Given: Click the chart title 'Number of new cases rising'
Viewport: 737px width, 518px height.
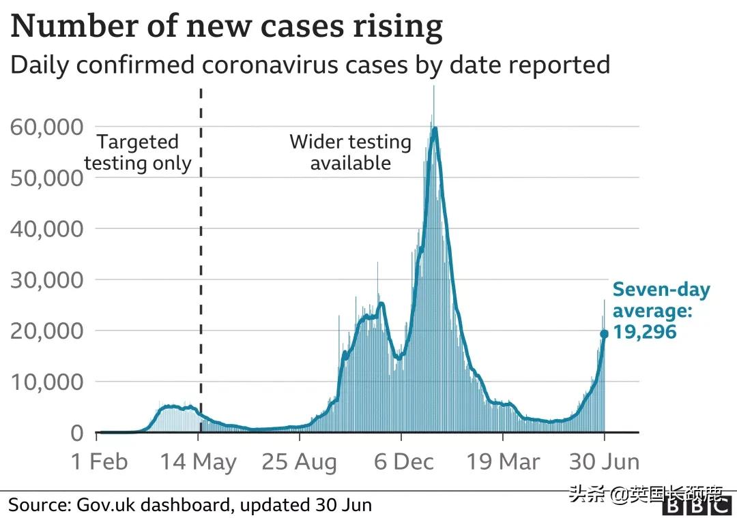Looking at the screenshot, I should pyautogui.click(x=227, y=27).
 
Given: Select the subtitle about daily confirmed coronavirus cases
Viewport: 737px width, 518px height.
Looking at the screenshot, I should pyautogui.click(x=310, y=65).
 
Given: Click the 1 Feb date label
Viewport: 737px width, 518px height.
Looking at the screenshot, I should pyautogui.click(x=100, y=461).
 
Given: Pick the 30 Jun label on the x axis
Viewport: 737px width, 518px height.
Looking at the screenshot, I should pyautogui.click(x=604, y=461).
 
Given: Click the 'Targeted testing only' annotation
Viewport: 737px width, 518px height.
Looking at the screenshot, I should pyautogui.click(x=138, y=153).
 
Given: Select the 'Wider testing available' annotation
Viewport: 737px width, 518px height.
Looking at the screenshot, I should pyautogui.click(x=350, y=152).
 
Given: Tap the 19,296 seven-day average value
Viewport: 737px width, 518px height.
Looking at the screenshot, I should pyautogui.click(x=644, y=332).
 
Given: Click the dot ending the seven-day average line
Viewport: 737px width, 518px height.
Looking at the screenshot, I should pyautogui.click(x=604, y=334).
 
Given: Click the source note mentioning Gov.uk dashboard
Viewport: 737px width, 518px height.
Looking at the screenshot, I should pyautogui.click(x=190, y=505).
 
